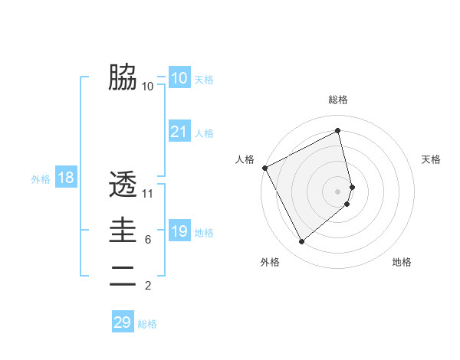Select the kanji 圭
pos(123,230)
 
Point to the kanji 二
pos(123,276)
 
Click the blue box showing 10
pos(179,77)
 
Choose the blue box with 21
pos(179,132)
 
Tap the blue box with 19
pos(179,231)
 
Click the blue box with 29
pos(123,322)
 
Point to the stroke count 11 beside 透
pos(148,194)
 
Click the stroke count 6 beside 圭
pos(147,240)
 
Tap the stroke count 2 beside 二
pos(147,286)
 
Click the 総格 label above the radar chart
pos(338,100)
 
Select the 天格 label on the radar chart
pos(431,159)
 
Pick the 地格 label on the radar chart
pos(402,262)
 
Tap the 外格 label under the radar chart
pos(270,262)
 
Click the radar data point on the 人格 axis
pos(264,168)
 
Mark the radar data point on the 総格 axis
pos(338,130)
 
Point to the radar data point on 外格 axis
pos(301,242)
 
